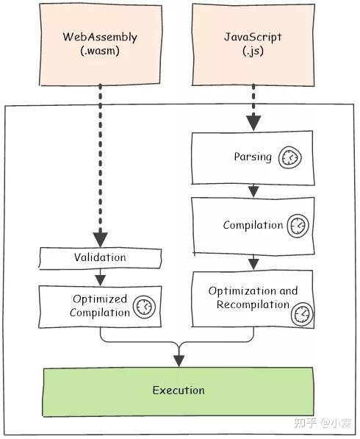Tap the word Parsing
[253, 157]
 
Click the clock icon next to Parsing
[291, 158]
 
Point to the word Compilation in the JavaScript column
[253, 225]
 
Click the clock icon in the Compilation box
[298, 225]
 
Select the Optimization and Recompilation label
[253, 298]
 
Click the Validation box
[99, 257]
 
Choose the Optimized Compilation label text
[99, 306]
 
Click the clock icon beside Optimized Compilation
[145, 305]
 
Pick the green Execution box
[179, 390]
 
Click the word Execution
[179, 390]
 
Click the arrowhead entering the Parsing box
[253, 123]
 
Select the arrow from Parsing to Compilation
[253, 190]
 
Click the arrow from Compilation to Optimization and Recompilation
[253, 261]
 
